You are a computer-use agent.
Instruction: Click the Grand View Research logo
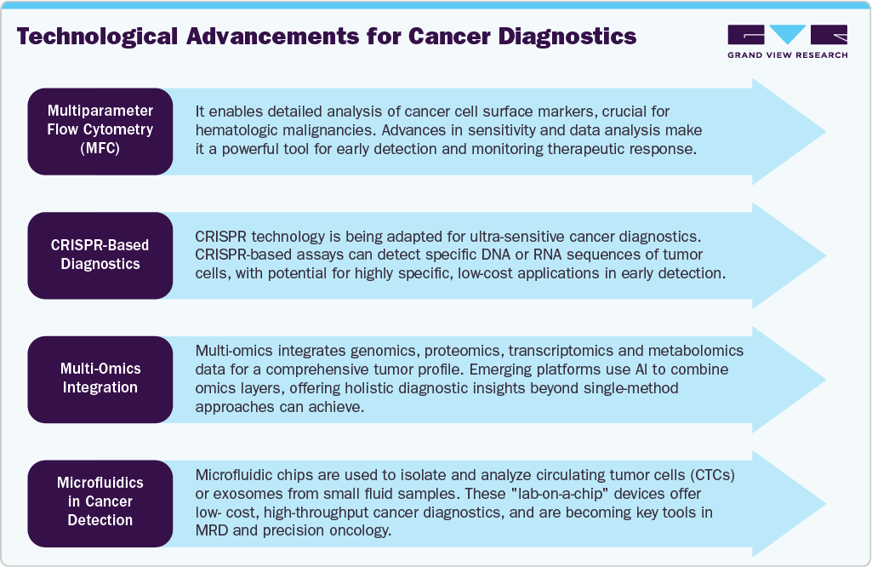click(787, 41)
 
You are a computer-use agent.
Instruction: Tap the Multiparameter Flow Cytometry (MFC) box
click(100, 130)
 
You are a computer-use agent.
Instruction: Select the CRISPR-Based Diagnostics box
click(100, 255)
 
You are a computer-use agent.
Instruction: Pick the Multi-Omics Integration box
click(100, 378)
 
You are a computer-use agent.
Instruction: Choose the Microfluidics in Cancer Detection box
click(100, 501)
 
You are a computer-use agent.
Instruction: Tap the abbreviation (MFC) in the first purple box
click(100, 150)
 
